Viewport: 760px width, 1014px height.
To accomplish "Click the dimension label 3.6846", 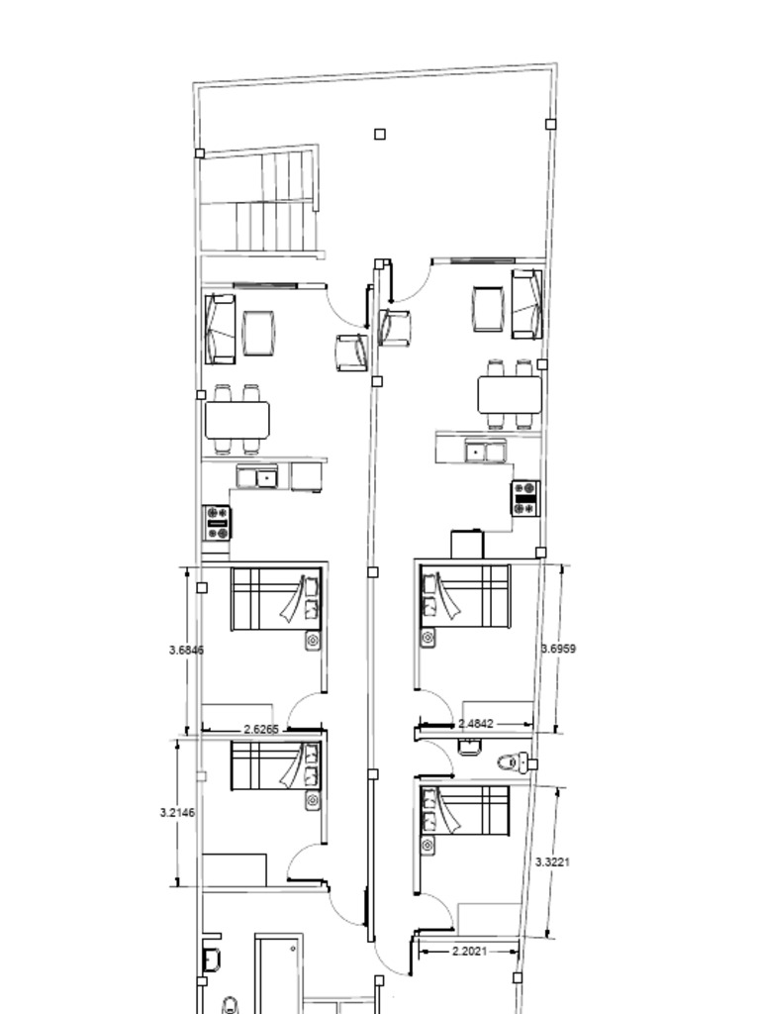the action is click(186, 650).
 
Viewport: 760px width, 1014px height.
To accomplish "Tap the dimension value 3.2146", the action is click(177, 812).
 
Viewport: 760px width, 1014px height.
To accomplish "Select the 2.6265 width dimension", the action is click(261, 730).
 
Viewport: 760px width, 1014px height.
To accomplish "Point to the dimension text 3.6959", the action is click(558, 649).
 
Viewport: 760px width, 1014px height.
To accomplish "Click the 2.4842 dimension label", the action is click(476, 724).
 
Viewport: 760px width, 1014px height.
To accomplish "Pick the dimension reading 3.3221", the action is click(552, 862).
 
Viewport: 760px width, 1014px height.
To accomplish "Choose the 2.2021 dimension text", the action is click(469, 952).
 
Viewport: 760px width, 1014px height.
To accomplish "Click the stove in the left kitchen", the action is click(217, 523).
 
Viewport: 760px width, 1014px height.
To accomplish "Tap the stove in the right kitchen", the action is click(525, 498).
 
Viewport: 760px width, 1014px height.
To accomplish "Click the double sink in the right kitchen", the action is click(486, 451).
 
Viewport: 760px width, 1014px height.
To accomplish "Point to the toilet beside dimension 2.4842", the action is click(514, 761).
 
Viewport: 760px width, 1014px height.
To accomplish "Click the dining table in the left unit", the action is click(237, 420).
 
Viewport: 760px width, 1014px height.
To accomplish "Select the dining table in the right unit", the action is click(510, 395).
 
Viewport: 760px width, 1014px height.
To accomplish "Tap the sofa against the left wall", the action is click(220, 329).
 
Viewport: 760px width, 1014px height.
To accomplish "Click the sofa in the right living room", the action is click(526, 304).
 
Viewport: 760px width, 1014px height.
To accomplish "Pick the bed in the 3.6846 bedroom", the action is click(276, 599).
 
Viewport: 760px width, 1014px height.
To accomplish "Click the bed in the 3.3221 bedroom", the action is click(465, 812).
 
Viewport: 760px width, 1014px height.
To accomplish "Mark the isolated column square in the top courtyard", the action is click(380, 134).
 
